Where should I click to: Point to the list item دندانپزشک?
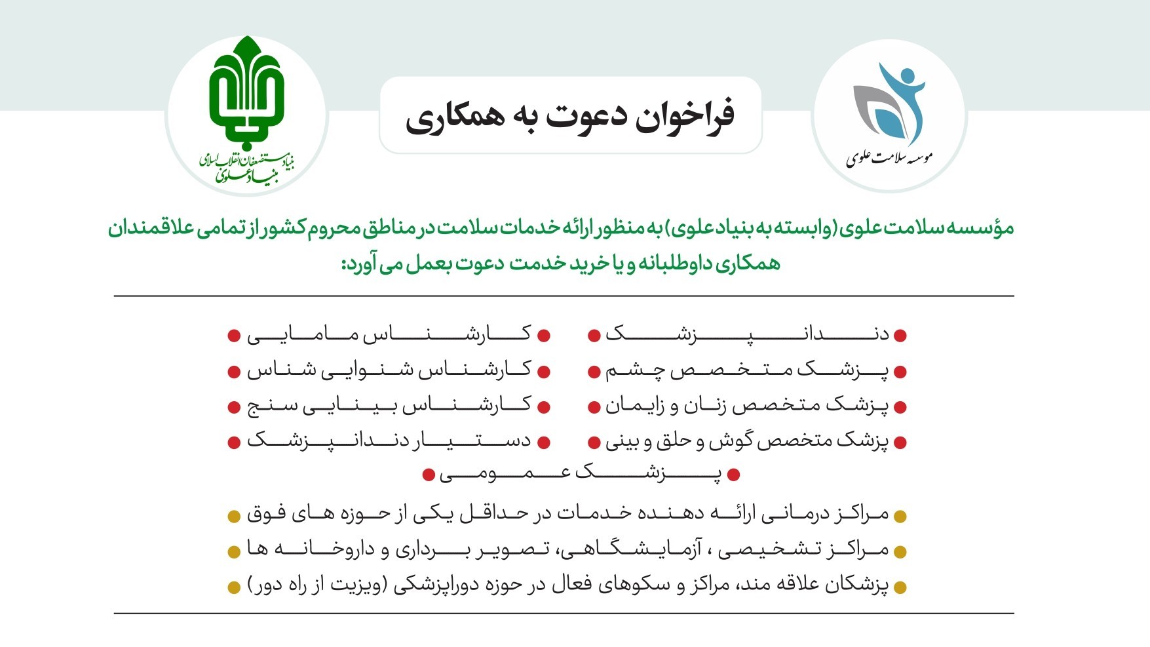pos(746,334)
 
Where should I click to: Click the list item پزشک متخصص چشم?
pos(746,371)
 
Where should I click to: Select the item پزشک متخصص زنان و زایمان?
pos(746,406)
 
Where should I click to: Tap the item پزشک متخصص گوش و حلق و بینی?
pos(746,441)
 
